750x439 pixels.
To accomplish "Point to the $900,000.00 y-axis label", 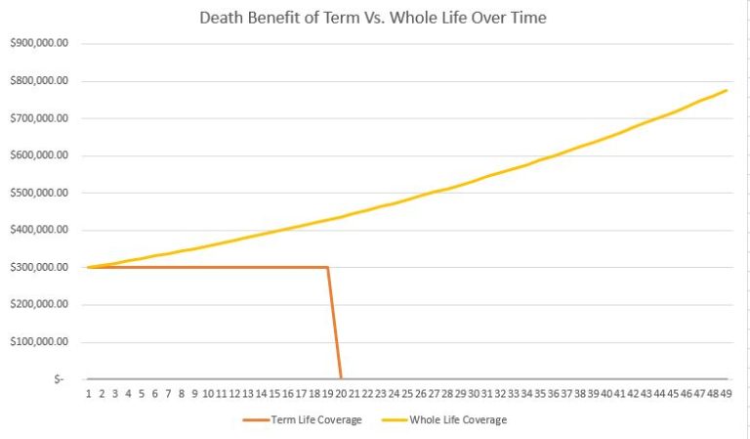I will pyautogui.click(x=40, y=44).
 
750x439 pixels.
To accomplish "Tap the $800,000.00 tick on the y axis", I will pyautogui.click(x=40, y=81).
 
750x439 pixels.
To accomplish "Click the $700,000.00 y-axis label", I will pyautogui.click(x=40, y=118).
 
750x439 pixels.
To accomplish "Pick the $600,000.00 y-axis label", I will pyautogui.click(x=40, y=155).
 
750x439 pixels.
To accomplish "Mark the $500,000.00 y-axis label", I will pyautogui.click(x=40, y=193).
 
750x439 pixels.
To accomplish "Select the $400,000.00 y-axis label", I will pyautogui.click(x=40, y=230).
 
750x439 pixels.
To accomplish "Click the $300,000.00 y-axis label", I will pyautogui.click(x=40, y=267).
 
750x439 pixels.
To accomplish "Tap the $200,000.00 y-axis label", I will pyautogui.click(x=40, y=304).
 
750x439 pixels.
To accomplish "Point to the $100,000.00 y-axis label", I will pyautogui.click(x=40, y=341).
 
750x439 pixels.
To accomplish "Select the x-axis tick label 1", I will pyautogui.click(x=88, y=393).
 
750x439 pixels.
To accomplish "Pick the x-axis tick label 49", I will pyautogui.click(x=726, y=393).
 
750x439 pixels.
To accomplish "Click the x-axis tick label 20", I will pyautogui.click(x=341, y=393).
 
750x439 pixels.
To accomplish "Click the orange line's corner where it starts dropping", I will pyautogui.click(x=327, y=267).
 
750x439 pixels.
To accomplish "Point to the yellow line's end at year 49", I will pyautogui.click(x=727, y=91).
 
